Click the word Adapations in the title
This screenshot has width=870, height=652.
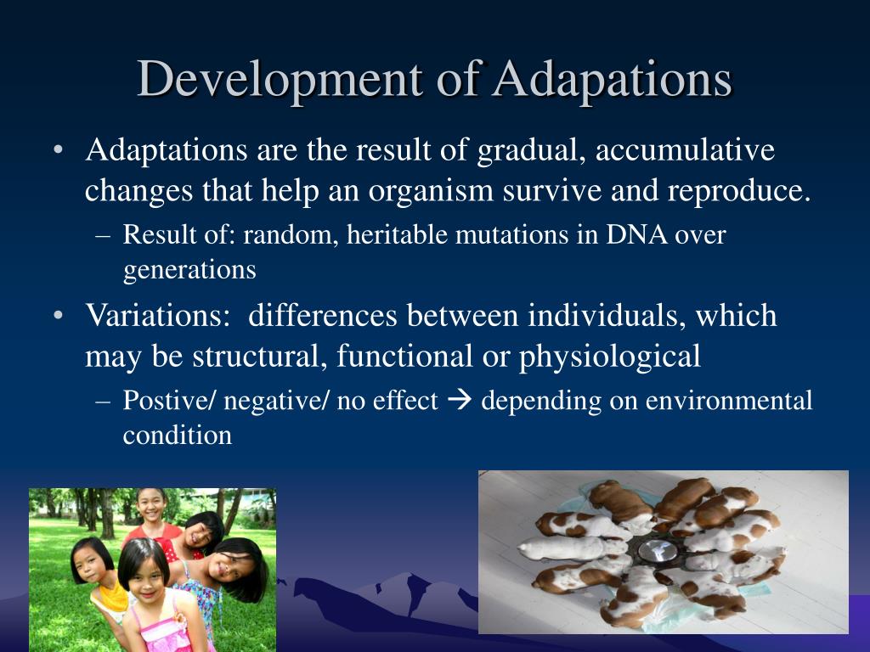coord(613,79)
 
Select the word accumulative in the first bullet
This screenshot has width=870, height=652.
coord(685,149)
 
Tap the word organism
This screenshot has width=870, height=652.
coord(431,192)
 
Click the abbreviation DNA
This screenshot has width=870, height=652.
coord(636,234)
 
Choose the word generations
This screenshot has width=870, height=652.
coord(189,271)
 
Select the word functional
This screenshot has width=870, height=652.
coord(404,356)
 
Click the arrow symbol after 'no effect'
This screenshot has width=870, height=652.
coord(460,401)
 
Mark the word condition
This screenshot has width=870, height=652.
coord(177,436)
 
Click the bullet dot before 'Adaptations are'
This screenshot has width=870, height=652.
coord(59,150)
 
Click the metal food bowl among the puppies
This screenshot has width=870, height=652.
coord(658,551)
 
